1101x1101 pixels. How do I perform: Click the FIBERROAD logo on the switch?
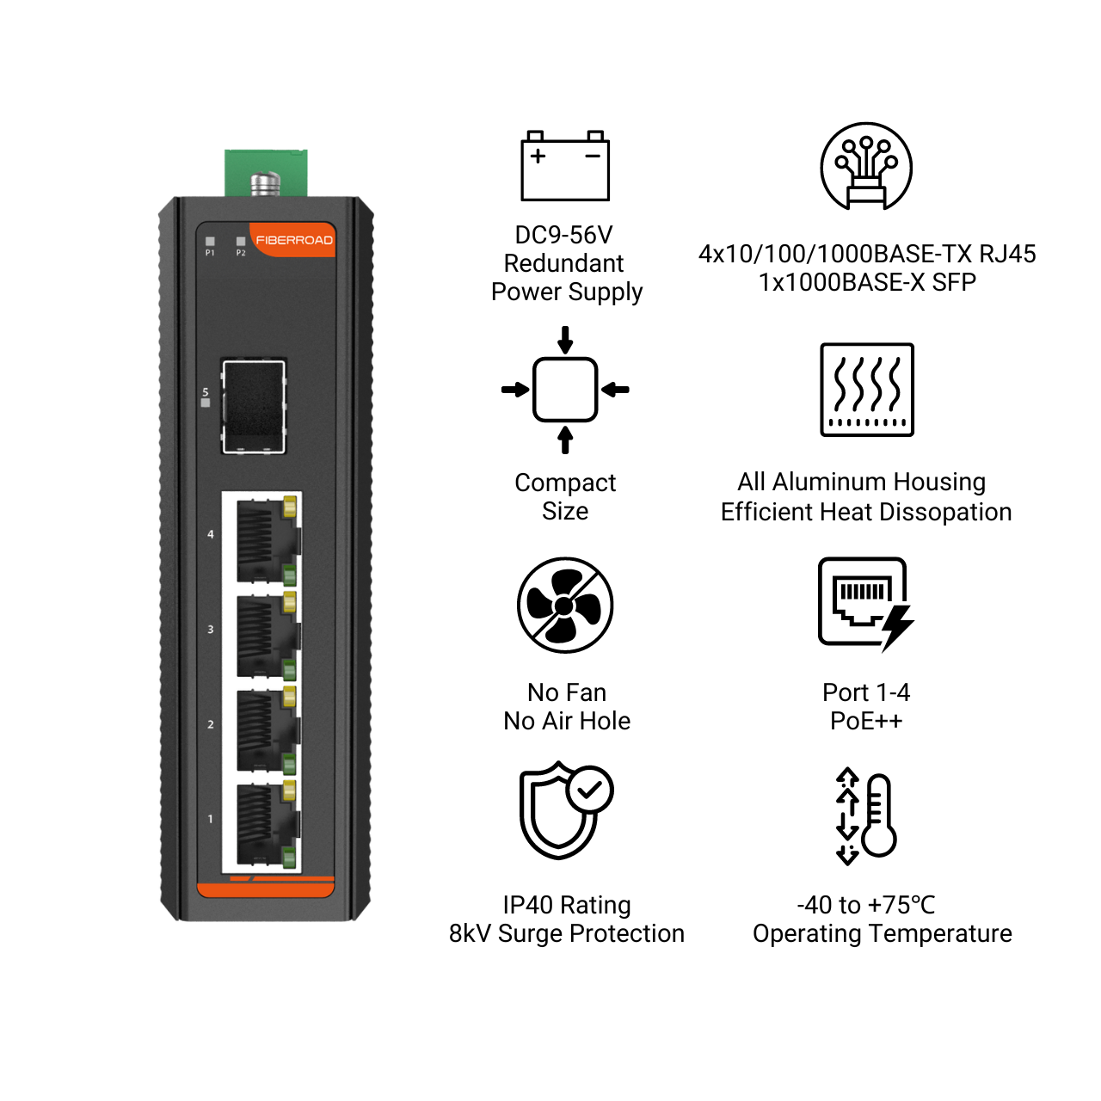click(293, 240)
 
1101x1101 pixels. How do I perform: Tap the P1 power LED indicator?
click(210, 242)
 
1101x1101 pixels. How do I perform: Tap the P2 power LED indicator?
click(241, 242)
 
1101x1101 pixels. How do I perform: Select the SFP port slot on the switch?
click(254, 406)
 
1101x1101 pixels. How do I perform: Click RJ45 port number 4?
click(267, 540)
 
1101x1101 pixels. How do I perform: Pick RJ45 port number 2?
click(267, 729)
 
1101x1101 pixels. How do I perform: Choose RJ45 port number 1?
click(267, 825)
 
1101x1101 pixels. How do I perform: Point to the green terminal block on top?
click(266, 173)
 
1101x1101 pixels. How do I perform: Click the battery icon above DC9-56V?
click(564, 166)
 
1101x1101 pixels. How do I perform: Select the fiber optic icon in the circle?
click(865, 166)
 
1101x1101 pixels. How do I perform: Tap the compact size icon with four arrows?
click(564, 390)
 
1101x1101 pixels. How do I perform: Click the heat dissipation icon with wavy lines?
click(866, 390)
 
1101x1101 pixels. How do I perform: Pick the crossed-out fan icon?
click(564, 605)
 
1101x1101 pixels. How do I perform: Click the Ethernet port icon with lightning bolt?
click(865, 604)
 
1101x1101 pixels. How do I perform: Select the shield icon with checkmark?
click(566, 810)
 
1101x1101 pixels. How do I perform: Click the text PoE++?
click(865, 721)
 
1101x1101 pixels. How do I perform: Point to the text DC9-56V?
click(563, 235)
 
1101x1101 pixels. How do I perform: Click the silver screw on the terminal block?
click(266, 183)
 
